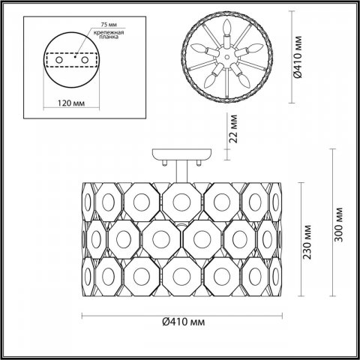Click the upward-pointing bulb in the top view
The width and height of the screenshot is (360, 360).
click(223, 30)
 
